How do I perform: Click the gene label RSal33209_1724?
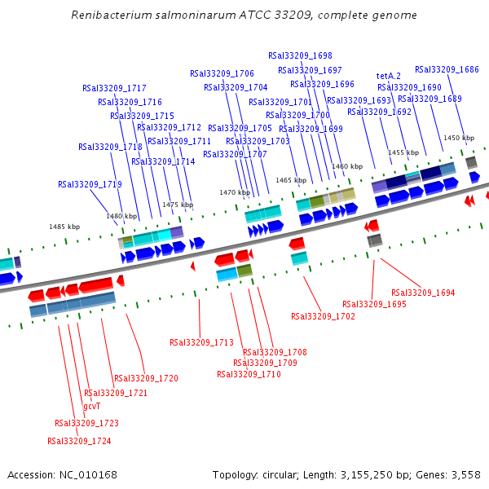[79, 441]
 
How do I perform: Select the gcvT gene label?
[92, 406]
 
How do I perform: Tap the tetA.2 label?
[389, 76]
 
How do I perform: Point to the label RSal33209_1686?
[447, 69]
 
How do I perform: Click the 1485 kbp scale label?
[64, 227]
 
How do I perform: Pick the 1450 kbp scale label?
[458, 138]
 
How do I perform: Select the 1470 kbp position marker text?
[235, 192]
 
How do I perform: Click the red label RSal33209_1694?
[423, 293]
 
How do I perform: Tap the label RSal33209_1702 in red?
[323, 316]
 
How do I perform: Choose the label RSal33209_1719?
[90, 184]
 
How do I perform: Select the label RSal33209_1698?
[305, 55]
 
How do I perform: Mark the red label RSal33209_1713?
[201, 342]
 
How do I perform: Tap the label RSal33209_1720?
[146, 378]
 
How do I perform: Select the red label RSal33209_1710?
[249, 374]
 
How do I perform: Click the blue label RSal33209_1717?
[114, 88]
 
